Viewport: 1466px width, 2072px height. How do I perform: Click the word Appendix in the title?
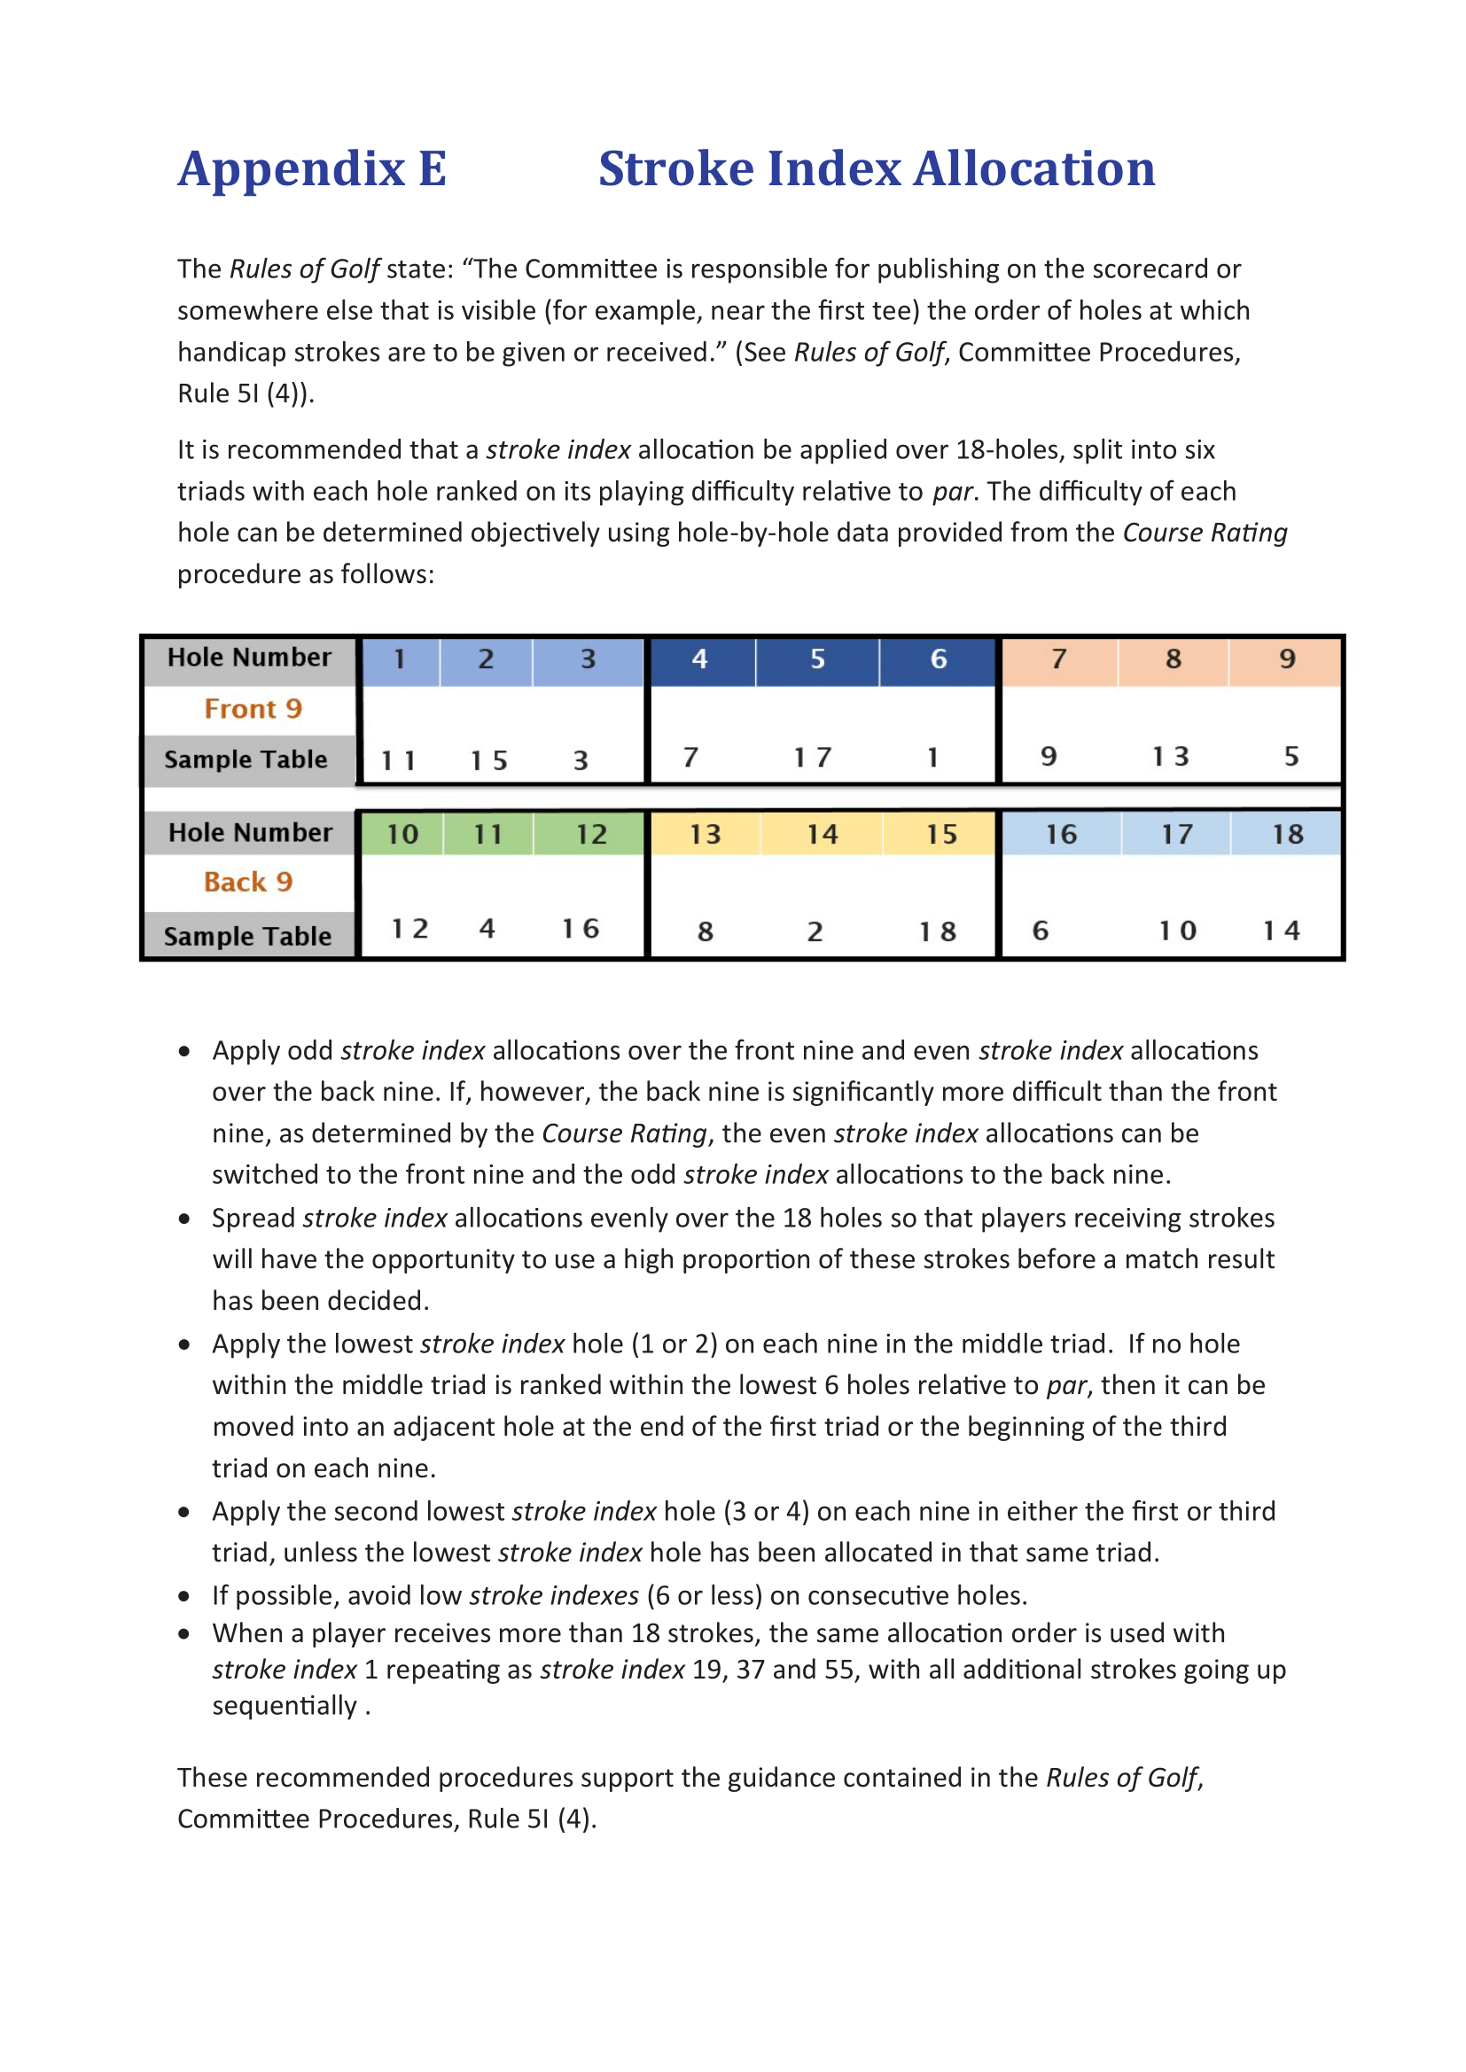pyautogui.click(x=291, y=169)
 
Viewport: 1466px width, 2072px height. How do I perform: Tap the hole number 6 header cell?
pyautogui.click(x=938, y=659)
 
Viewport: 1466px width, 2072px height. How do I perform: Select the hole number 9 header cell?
pyautogui.click(x=1286, y=659)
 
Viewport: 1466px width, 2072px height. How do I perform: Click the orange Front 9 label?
pyautogui.click(x=253, y=709)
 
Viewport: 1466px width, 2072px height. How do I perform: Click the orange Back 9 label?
pyautogui.click(x=248, y=883)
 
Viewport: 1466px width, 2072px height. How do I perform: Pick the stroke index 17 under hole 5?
pyautogui.click(x=813, y=758)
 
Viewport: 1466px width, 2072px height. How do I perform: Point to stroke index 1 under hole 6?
pyautogui.click(x=932, y=758)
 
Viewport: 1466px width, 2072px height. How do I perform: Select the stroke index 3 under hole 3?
pyautogui.click(x=581, y=760)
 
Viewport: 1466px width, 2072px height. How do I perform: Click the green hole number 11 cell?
pyautogui.click(x=488, y=835)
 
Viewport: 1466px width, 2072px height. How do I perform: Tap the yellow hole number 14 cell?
pyautogui.click(x=822, y=835)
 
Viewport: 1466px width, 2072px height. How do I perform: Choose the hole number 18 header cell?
pyautogui.click(x=1286, y=835)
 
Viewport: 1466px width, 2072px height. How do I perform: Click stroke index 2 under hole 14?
pyautogui.click(x=815, y=932)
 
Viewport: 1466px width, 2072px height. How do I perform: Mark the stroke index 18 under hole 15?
pyautogui.click(x=937, y=932)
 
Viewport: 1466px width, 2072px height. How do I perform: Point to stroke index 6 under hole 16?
pyautogui.click(x=1040, y=931)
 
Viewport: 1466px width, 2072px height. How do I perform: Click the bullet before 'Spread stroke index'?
pyautogui.click(x=185, y=1219)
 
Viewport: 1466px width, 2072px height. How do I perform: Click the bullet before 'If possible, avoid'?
pyautogui.click(x=185, y=1596)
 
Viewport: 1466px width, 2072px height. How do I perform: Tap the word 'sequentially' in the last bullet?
pyautogui.click(x=285, y=1707)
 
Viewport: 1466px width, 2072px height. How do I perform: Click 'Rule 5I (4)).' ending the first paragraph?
pyautogui.click(x=246, y=394)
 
